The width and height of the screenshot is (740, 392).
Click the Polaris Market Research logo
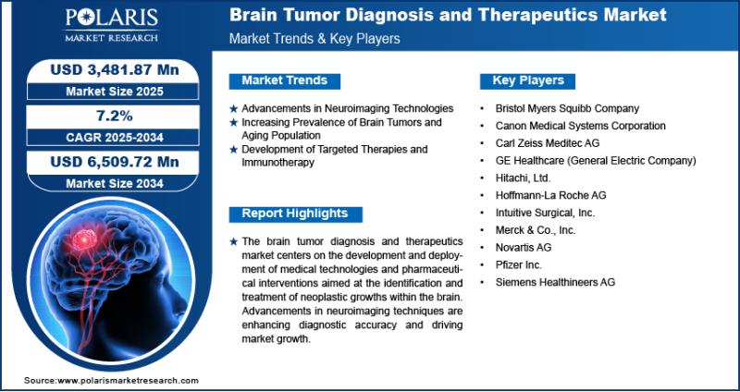pyautogui.click(x=111, y=26)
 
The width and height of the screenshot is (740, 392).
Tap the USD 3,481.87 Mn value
pyautogui.click(x=115, y=70)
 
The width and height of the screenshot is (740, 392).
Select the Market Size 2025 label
pyautogui.click(x=115, y=92)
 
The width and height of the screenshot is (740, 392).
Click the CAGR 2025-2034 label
pyautogui.click(x=115, y=137)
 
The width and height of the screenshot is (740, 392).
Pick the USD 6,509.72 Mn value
pyautogui.click(x=115, y=162)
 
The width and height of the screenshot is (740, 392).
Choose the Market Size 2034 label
pyautogui.click(x=115, y=183)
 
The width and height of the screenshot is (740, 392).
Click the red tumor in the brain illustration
pyautogui.click(x=85, y=239)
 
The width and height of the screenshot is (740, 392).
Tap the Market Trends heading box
pyautogui.click(x=285, y=80)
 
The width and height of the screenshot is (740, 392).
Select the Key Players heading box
pyautogui.click(x=527, y=80)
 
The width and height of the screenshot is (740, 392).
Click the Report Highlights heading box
pyautogui.click(x=295, y=214)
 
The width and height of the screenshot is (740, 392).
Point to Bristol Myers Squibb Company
pyautogui.click(x=567, y=108)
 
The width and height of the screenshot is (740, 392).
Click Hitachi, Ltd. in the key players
pyautogui.click(x=523, y=178)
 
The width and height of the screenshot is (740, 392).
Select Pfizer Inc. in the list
pyautogui.click(x=518, y=264)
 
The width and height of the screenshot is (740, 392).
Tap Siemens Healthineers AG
pyautogui.click(x=555, y=282)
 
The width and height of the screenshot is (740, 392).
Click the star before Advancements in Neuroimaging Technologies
pyautogui.click(x=233, y=109)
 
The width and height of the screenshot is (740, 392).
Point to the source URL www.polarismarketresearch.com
pyautogui.click(x=128, y=380)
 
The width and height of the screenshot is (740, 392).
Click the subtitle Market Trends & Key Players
pyautogui.click(x=314, y=39)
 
